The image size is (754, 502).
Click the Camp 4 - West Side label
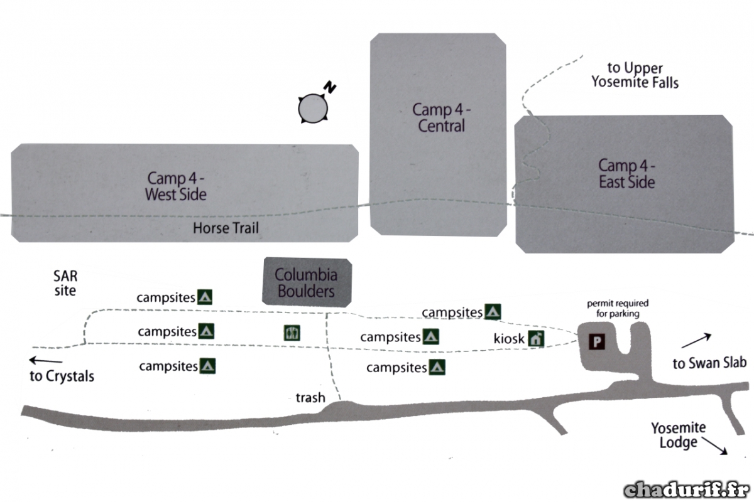point(176,186)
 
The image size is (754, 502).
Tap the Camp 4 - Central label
point(441,118)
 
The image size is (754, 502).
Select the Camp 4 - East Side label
point(627,173)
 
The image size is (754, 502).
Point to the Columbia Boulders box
point(307,282)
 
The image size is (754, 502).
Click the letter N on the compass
point(330,87)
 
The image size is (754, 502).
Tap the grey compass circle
point(313,109)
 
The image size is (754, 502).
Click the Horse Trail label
point(226,228)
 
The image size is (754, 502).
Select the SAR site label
point(65,283)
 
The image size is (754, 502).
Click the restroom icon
point(292,333)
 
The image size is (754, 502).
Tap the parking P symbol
point(597,342)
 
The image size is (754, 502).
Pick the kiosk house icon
point(536,339)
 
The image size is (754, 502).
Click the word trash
point(310,398)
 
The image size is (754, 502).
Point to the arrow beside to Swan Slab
point(696,340)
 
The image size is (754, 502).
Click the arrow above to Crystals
point(46,360)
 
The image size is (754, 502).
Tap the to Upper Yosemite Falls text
point(635,75)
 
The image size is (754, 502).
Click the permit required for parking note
point(618,308)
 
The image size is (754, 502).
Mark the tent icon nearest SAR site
point(205,297)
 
